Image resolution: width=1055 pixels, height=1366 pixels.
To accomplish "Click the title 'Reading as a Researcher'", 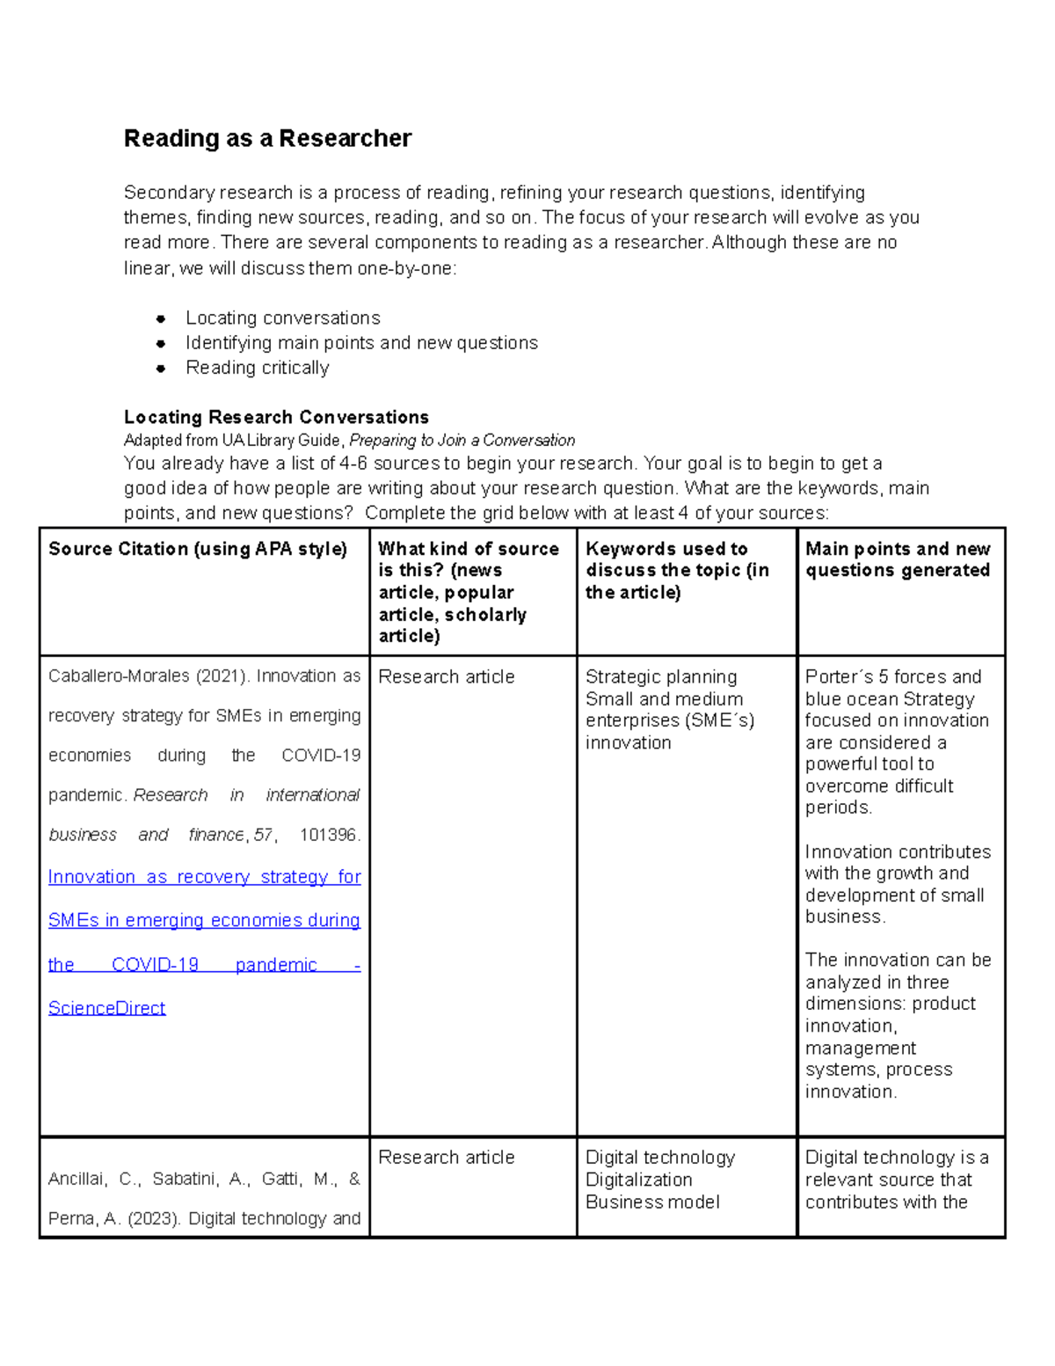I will [267, 139].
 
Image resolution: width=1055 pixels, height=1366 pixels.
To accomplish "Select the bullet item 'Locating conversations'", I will [282, 318].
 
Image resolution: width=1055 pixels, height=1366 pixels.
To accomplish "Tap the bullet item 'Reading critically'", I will [257, 368].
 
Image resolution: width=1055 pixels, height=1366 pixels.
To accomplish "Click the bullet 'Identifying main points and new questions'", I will [361, 343].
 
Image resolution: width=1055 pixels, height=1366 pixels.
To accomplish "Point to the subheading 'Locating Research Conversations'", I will [276, 417].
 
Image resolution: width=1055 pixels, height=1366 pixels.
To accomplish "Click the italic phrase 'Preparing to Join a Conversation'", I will [462, 440].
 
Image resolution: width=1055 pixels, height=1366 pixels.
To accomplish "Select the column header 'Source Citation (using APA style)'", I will [198, 549].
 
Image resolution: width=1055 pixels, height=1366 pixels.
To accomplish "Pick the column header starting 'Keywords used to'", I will [666, 549].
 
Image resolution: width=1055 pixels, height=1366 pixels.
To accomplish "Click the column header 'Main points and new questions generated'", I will [898, 559].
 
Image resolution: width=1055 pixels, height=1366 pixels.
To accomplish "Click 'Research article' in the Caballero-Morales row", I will [446, 676].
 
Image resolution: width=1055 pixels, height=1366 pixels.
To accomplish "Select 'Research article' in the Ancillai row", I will [446, 1158].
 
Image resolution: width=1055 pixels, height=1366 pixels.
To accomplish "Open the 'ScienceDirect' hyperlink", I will [106, 1008].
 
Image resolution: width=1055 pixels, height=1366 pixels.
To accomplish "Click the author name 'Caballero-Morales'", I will [119, 676].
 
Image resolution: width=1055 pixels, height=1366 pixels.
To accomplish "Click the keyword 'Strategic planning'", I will [661, 676].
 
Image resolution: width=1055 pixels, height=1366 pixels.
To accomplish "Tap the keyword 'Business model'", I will [652, 1202].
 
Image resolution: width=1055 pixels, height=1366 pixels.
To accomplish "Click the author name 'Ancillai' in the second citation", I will [76, 1180].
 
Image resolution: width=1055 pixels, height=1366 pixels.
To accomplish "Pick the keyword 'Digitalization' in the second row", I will [638, 1180].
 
